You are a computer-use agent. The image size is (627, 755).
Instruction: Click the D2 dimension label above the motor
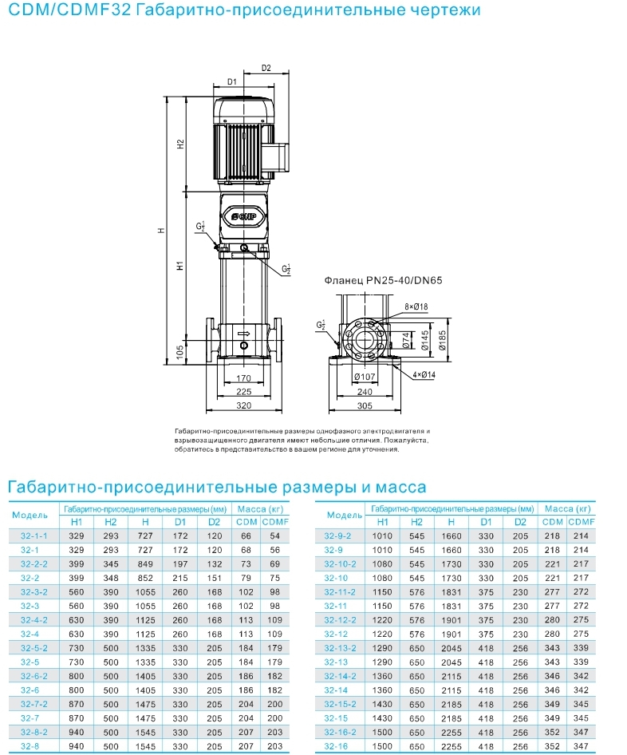click(x=266, y=68)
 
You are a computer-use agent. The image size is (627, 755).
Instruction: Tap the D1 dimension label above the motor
click(x=232, y=82)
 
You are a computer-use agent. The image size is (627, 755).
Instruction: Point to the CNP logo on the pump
click(x=243, y=216)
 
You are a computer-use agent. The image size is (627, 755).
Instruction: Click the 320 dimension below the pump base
click(x=243, y=405)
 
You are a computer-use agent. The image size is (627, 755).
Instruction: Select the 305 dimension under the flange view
click(x=365, y=405)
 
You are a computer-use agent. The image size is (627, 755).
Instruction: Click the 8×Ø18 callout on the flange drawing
click(x=416, y=306)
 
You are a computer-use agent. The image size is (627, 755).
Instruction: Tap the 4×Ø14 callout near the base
click(x=424, y=374)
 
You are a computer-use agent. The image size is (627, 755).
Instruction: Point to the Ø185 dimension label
click(x=443, y=339)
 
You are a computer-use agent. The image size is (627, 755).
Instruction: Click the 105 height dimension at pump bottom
click(x=179, y=352)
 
